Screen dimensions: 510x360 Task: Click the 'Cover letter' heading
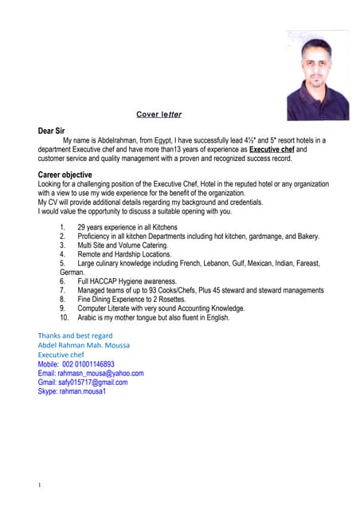159,114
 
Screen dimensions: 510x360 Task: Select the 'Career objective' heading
65,175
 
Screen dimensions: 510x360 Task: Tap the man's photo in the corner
317,76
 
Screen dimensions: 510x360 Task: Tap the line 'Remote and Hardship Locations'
124,254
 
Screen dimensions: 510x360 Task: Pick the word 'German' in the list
72,273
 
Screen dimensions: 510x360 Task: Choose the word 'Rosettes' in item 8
191,300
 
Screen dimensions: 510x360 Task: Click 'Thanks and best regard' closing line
76,335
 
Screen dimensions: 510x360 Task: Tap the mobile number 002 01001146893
92,364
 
